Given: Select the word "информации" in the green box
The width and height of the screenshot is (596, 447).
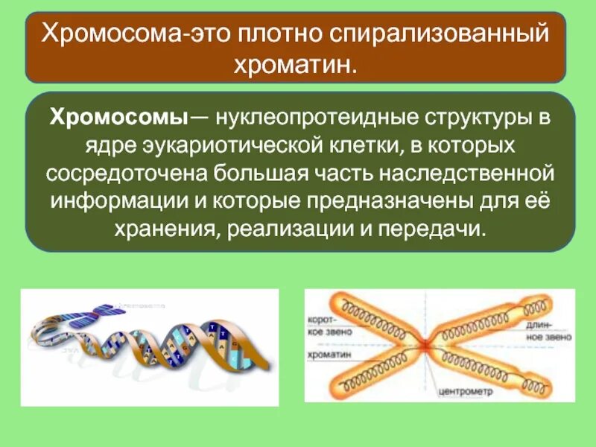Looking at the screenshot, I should coord(105,200).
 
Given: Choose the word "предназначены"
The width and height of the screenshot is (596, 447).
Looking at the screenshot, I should coord(397,200).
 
